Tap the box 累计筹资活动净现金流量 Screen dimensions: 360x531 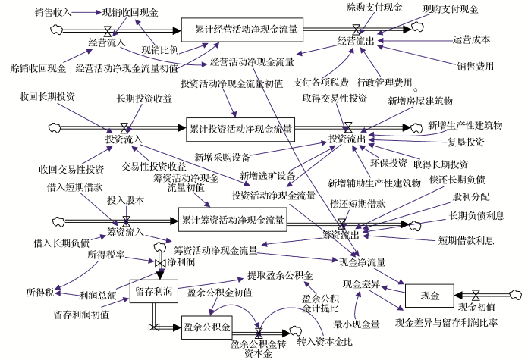[233, 221]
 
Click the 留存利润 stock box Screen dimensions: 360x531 [152, 291]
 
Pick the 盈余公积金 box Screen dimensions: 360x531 [206, 327]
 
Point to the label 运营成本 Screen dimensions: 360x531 [471, 39]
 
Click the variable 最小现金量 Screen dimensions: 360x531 [357, 324]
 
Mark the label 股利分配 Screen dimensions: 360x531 [470, 196]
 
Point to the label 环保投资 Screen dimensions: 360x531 [388, 163]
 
